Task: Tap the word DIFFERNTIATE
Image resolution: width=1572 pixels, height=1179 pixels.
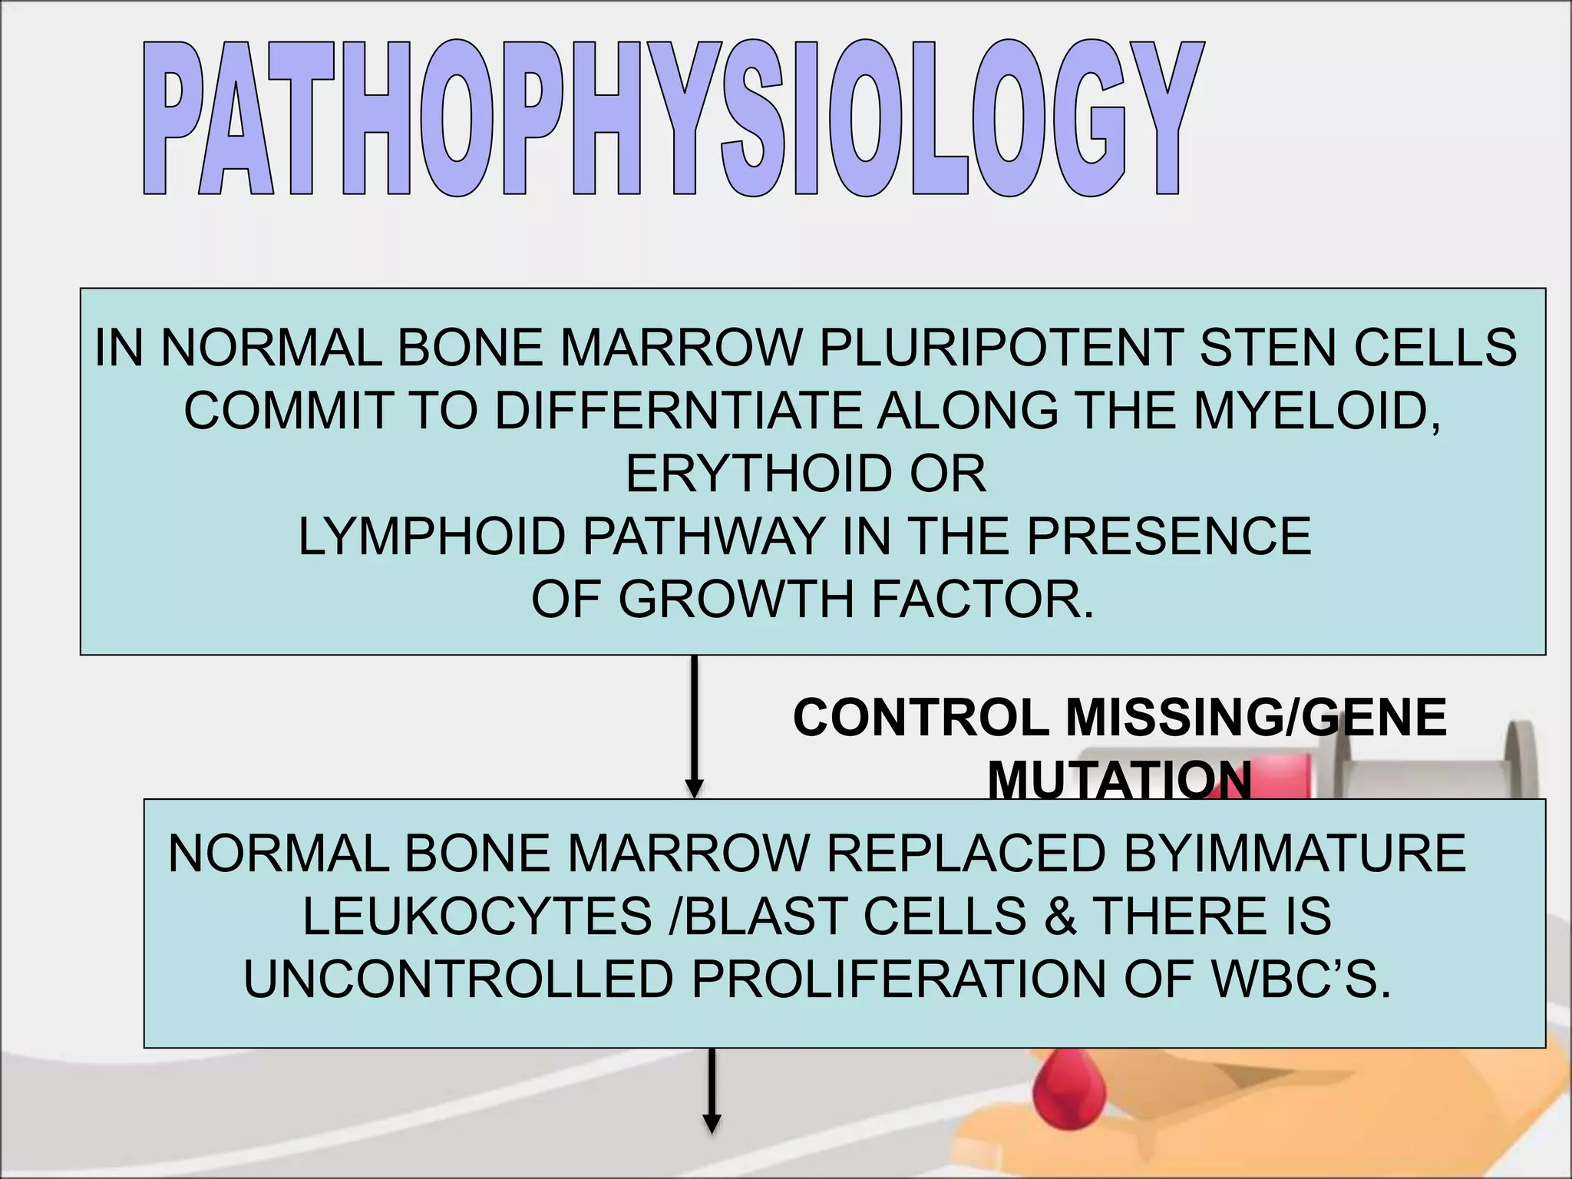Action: [x=678, y=411]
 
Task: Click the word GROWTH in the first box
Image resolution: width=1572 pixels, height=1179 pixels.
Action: [x=736, y=599]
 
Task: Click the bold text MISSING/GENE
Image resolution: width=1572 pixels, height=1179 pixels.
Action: [x=1256, y=718]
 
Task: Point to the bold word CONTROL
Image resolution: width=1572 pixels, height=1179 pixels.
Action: [x=920, y=718]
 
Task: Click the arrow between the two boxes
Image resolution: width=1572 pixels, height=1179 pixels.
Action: [x=694, y=725]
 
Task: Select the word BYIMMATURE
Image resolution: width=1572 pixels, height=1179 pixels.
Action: [x=1295, y=853]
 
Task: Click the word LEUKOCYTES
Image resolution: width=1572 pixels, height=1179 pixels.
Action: [x=477, y=916]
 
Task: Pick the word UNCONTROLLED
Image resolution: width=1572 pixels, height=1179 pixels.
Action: [x=458, y=979]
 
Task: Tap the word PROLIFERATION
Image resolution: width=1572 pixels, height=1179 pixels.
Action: [x=898, y=979]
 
